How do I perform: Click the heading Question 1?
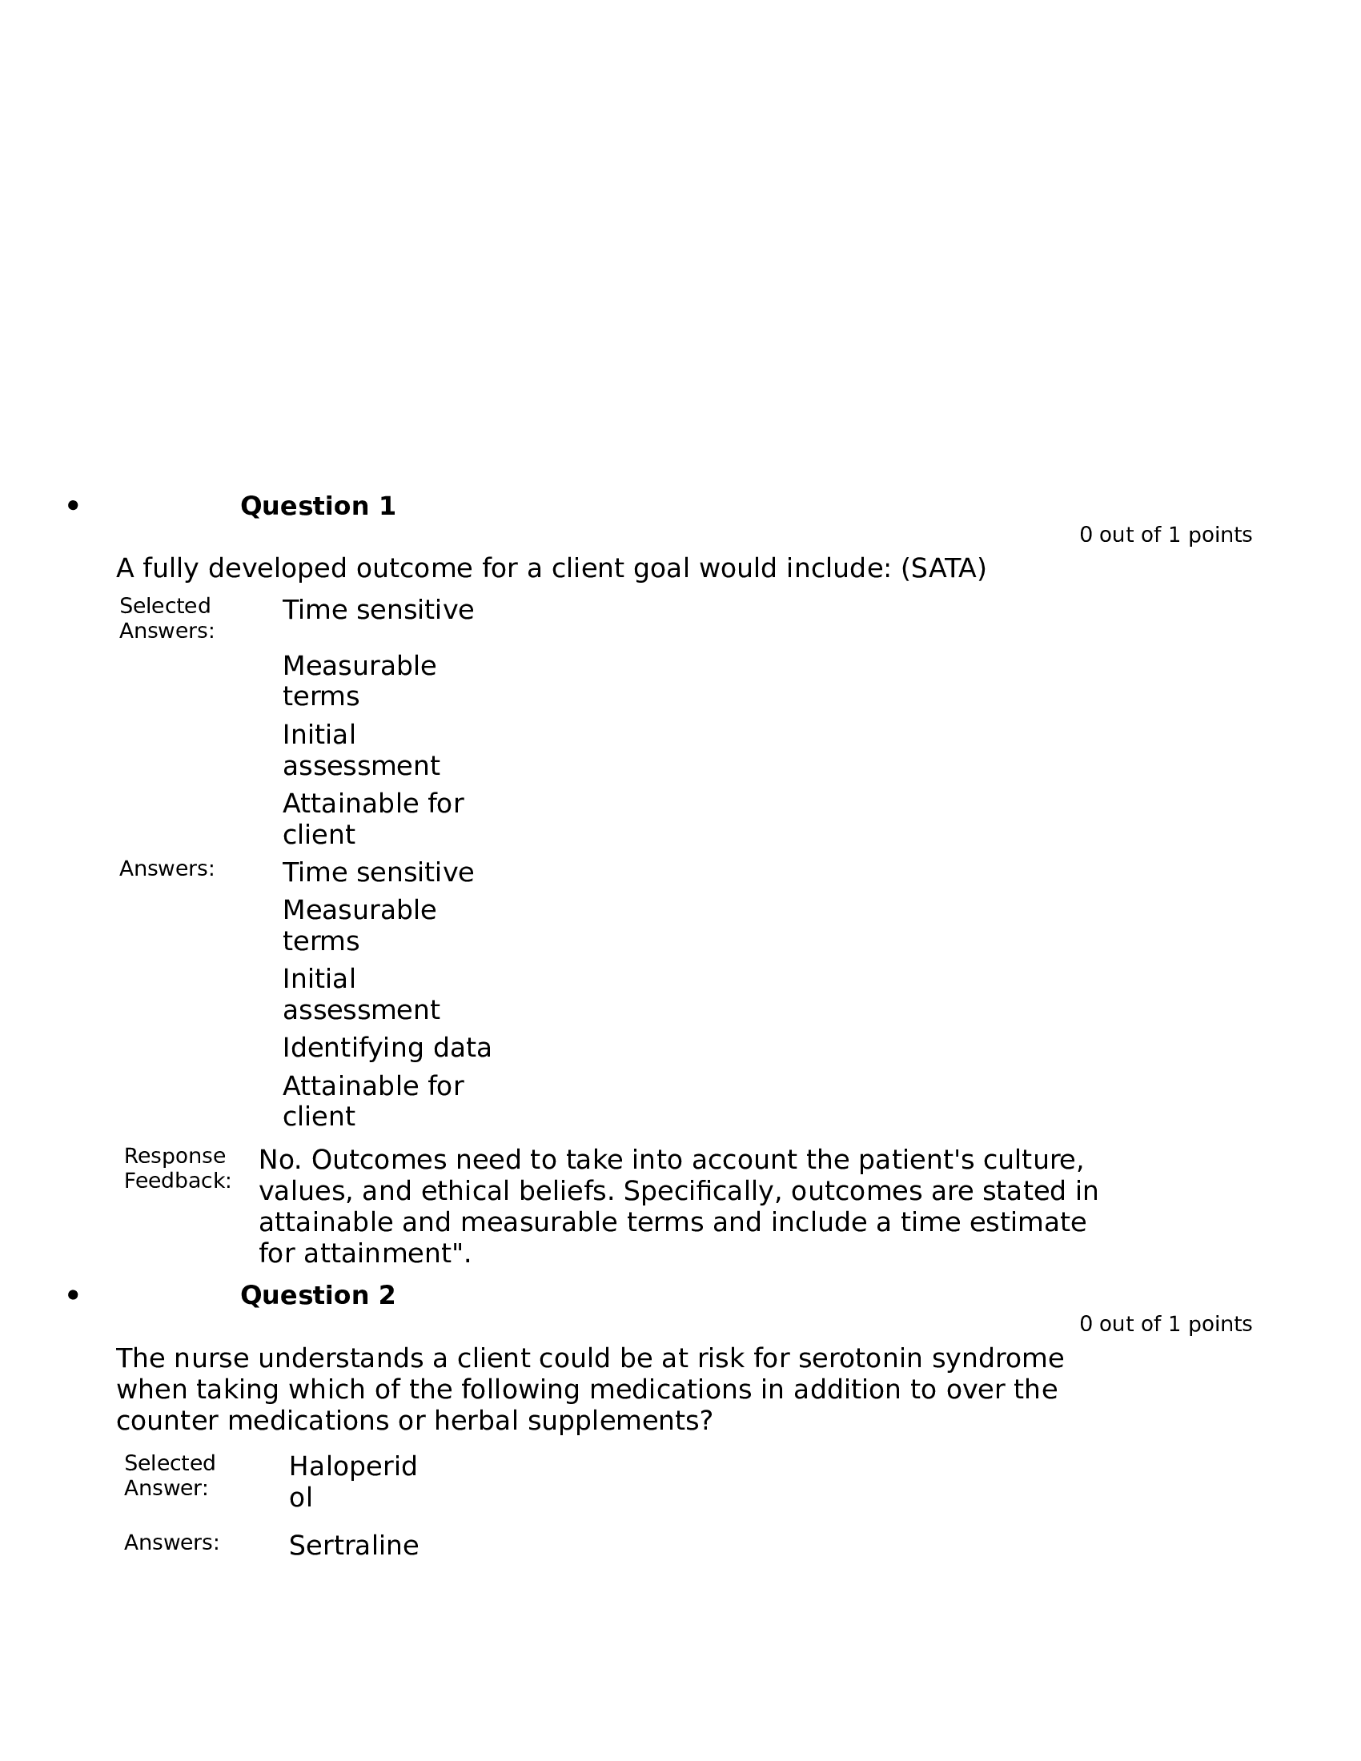[318, 507]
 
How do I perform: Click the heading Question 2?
[318, 1296]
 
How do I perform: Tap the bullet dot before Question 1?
[74, 507]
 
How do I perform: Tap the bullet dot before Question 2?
[74, 1296]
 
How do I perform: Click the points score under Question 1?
[1165, 536]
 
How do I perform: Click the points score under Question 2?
[1165, 1325]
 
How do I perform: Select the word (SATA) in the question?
[943, 569]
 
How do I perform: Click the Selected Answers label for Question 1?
[166, 619]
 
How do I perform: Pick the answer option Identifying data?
[386, 1049]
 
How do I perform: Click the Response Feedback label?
[177, 1169]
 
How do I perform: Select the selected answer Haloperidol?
[352, 1481]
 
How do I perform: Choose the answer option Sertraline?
[353, 1546]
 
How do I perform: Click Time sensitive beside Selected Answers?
[377, 611]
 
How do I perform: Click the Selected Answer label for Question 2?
[169, 1475]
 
